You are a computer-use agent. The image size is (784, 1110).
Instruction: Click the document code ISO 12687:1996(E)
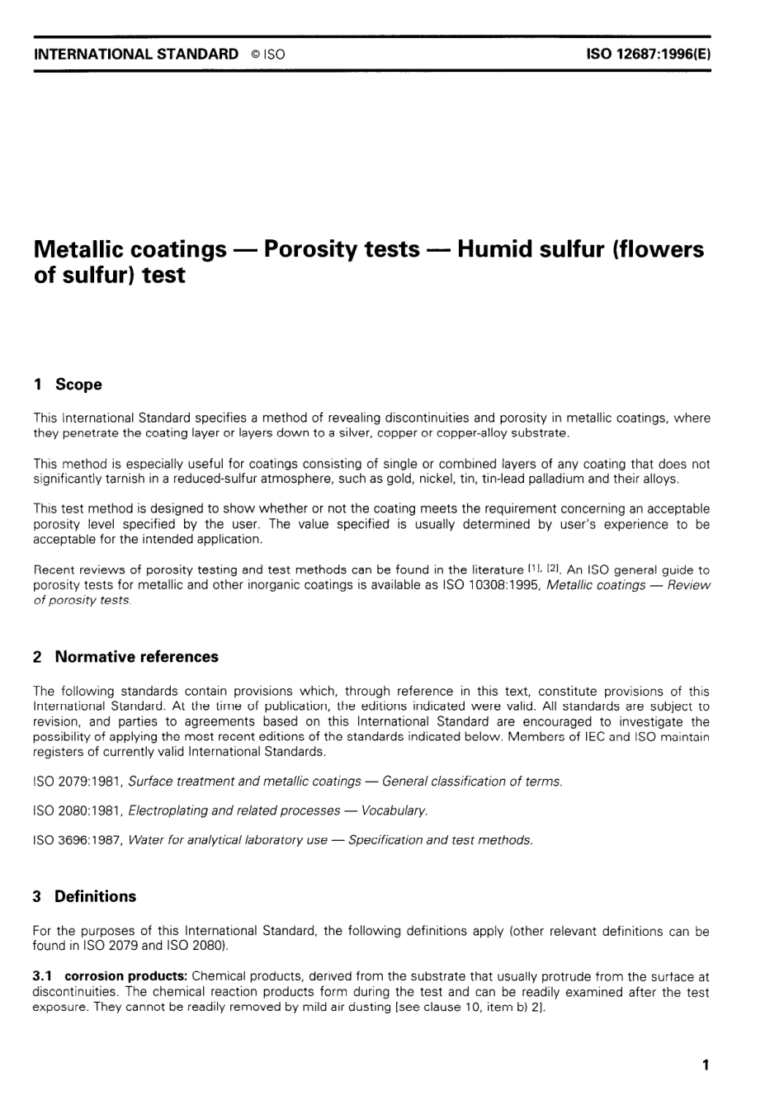648,54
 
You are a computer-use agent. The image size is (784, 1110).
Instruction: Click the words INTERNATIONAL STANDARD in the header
135,54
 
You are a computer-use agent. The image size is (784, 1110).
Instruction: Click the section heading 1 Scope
68,385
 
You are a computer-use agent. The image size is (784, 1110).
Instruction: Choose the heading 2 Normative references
125,657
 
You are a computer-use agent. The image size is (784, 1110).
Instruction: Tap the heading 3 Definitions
84,896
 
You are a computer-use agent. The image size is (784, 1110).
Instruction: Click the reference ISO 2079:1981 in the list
77,781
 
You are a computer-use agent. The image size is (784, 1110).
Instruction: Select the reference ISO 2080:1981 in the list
77,810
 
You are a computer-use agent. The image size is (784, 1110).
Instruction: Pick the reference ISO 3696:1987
77,840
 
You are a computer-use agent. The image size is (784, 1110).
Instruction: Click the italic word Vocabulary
394,810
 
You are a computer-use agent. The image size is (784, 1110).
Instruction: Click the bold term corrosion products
125,976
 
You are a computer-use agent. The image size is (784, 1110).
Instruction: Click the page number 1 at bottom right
706,1065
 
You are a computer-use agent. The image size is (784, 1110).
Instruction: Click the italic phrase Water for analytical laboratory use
228,840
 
